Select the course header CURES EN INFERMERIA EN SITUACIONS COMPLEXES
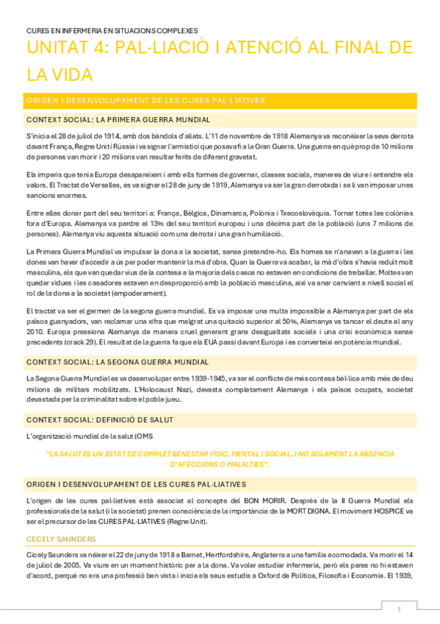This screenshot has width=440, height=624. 112,31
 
